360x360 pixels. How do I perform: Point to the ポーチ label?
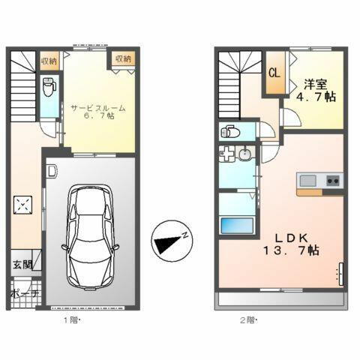click(24, 294)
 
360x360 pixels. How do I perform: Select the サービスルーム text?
click(98, 108)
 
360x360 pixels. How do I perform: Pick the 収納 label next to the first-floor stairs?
click(49, 59)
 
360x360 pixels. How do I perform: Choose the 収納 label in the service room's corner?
click(124, 58)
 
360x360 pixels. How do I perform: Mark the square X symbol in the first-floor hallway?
click(24, 204)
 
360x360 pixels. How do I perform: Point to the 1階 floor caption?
click(70, 320)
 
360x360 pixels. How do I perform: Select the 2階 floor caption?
click(247, 320)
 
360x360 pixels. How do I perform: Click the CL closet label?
click(275, 73)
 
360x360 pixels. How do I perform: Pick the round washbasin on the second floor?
click(245, 155)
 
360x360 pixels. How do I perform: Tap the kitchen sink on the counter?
click(309, 180)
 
